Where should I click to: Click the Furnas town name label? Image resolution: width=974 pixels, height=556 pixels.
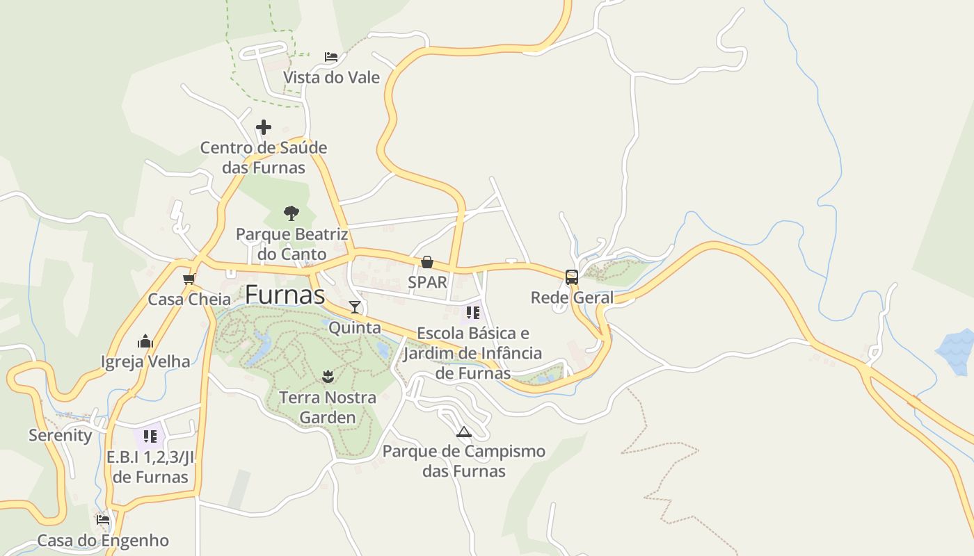coord(285,295)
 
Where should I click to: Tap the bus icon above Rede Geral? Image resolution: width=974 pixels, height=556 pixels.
coord(572,277)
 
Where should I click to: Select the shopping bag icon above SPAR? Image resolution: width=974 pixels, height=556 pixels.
coord(427,262)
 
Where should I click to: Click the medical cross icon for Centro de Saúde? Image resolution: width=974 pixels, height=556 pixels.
coord(264,127)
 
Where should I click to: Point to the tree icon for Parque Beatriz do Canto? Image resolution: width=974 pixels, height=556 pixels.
coord(292,213)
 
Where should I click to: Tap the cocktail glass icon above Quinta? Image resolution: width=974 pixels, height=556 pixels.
coord(355,306)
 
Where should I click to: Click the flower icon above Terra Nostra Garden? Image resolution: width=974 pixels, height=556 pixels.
coord(328,377)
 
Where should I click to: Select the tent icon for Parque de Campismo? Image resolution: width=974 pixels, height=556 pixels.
coord(464,432)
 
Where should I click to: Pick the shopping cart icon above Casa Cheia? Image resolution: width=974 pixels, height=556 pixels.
coord(189,279)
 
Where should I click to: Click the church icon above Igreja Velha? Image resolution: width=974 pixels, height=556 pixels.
coord(145,341)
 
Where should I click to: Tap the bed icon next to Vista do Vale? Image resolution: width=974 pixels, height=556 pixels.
coord(331,56)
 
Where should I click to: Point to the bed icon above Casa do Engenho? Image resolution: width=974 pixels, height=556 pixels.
coord(103,519)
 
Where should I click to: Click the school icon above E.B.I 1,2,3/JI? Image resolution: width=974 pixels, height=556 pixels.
coord(150,436)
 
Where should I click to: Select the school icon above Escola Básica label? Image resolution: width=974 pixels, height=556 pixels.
coord(473,312)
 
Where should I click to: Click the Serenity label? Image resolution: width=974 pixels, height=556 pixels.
coord(60,436)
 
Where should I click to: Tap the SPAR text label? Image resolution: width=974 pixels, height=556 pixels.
coord(427,282)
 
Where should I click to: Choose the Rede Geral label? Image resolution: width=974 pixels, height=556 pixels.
coord(572,298)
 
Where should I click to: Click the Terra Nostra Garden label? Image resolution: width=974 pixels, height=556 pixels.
coord(328,407)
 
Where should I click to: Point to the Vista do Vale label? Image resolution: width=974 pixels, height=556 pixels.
coord(331,77)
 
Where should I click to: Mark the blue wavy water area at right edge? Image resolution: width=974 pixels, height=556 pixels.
coord(957,351)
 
